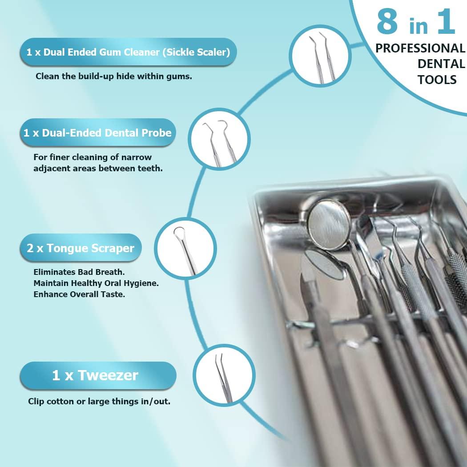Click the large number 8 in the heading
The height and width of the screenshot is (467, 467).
coord(387,22)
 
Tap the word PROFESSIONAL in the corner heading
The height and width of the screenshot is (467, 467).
coord(420,48)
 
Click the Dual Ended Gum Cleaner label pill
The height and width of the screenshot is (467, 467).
coord(128,52)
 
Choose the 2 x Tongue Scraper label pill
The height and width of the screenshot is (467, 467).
coord(81,248)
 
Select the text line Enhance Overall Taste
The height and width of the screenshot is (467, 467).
coord(79,294)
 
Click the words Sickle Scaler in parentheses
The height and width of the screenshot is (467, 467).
coord(196,52)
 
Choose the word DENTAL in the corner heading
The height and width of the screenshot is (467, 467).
coord(441,64)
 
